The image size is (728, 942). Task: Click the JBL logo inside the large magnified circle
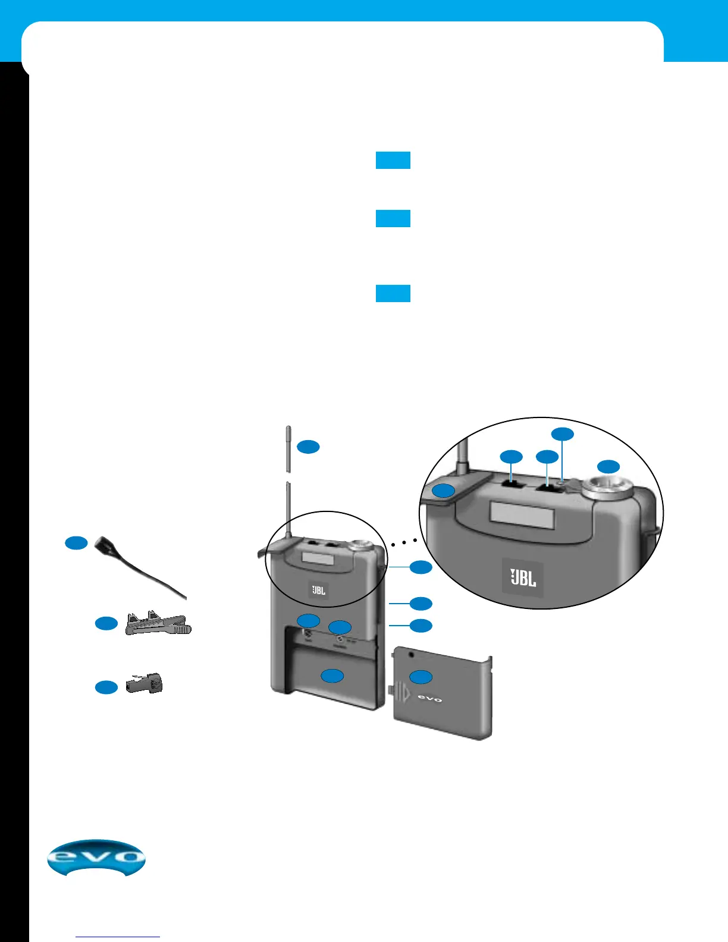point(523,577)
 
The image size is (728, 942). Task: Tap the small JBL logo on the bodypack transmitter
point(319,590)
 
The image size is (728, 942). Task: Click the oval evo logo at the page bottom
point(96,858)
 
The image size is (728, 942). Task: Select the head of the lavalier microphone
point(106,544)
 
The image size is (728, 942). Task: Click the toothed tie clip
point(158,625)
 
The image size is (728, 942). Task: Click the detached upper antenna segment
point(288,448)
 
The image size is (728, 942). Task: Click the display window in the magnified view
point(522,515)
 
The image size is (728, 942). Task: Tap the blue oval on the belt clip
point(443,491)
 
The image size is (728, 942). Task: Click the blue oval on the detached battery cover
point(421,676)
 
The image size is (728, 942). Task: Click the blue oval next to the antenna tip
point(309,447)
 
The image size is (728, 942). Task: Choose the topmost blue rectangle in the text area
point(393,161)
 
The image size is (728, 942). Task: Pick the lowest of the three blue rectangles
point(393,294)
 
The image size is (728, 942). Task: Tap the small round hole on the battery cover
point(411,655)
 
